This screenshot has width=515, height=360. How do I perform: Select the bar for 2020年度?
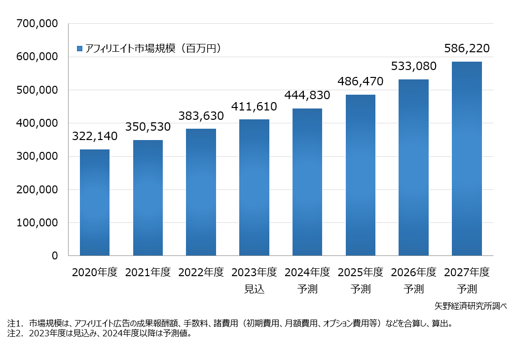(x=95, y=202)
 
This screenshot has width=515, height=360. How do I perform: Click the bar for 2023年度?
(x=254, y=187)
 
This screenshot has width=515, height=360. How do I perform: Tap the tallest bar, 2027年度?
(x=467, y=158)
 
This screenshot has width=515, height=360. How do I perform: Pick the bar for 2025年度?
(x=361, y=175)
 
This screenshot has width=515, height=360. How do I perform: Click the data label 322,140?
(x=95, y=136)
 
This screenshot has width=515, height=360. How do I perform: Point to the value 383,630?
(x=201, y=116)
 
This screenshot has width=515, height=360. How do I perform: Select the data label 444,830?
(x=307, y=95)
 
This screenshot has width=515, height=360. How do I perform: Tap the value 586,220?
(x=467, y=48)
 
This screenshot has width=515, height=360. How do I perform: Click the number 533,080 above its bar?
(x=413, y=66)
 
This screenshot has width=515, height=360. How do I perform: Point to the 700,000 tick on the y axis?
(x=37, y=23)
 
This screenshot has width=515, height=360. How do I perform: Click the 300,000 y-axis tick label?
(x=37, y=156)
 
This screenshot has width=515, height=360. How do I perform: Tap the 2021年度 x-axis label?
(x=147, y=272)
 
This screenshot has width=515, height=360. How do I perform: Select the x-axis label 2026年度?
(x=413, y=272)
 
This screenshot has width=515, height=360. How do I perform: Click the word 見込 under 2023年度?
(x=254, y=289)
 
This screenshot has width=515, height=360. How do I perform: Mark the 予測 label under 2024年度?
(x=307, y=289)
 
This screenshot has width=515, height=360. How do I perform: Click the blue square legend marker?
(x=80, y=48)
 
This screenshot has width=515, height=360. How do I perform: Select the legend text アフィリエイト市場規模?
(x=130, y=48)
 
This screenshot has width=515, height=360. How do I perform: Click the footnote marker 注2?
(x=14, y=333)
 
